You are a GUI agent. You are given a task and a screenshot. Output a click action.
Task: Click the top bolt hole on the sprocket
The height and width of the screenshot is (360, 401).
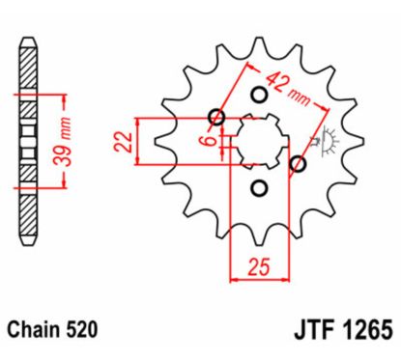(x=259, y=95)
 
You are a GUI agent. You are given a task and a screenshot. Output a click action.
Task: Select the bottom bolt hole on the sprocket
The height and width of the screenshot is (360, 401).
(x=259, y=188)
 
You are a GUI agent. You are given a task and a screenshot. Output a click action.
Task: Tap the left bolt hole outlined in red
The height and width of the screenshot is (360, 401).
(x=217, y=119)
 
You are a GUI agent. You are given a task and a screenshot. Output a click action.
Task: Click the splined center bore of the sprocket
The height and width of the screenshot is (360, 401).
(x=257, y=142)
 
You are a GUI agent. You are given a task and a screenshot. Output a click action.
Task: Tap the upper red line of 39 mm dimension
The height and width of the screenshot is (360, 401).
(x=43, y=95)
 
